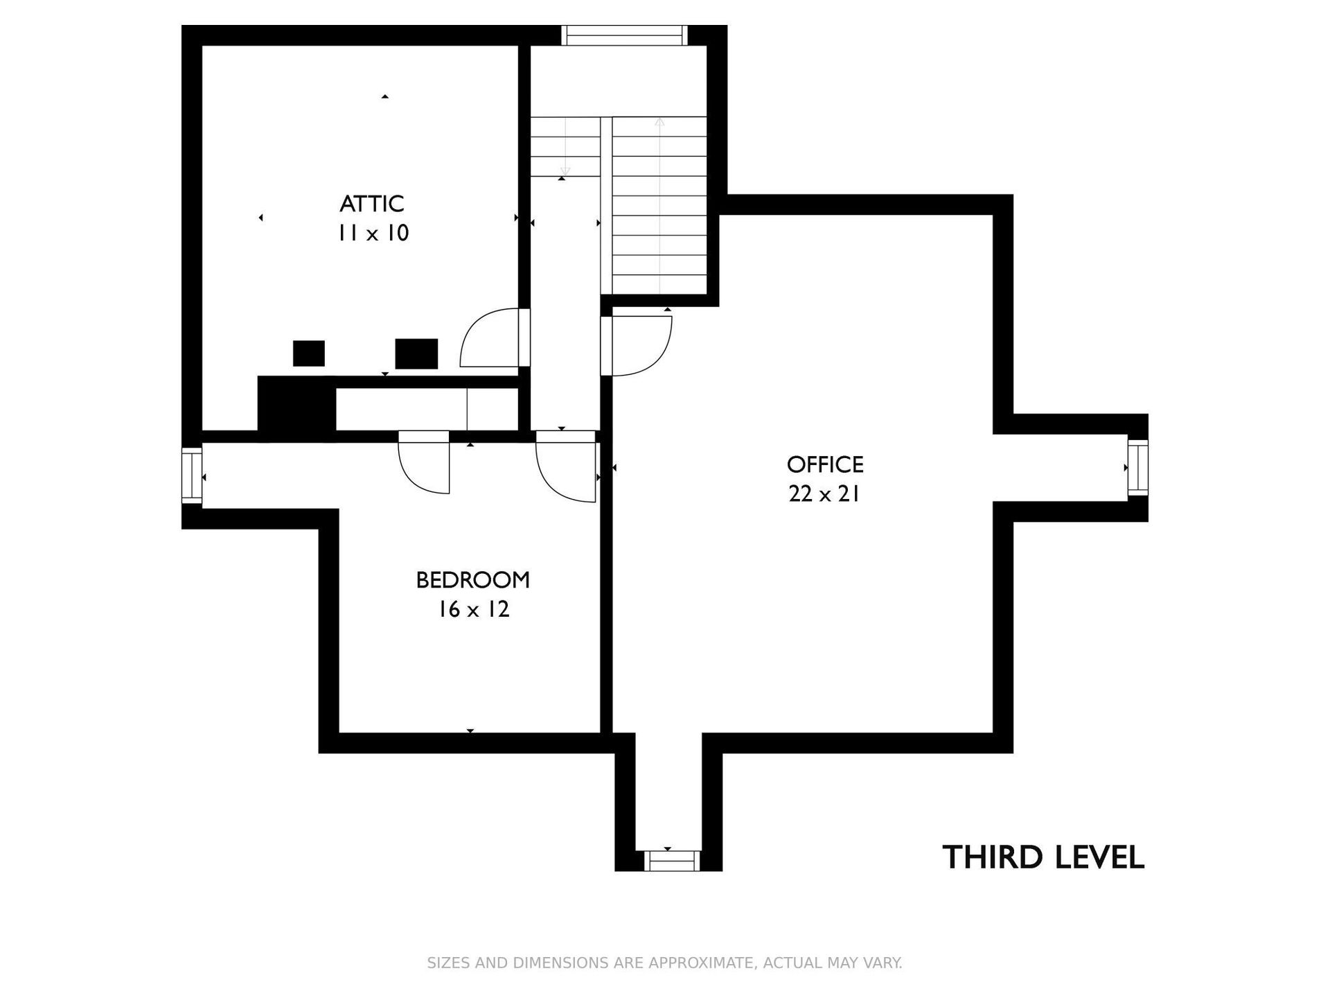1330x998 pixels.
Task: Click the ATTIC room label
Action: (372, 204)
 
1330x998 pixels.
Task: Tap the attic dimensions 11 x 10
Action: (373, 233)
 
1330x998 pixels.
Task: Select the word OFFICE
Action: (825, 464)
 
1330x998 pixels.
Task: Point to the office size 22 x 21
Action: (824, 493)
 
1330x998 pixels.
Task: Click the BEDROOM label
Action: (473, 580)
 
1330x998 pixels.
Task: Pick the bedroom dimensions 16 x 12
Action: (474, 609)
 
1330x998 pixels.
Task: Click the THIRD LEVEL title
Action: (1043, 857)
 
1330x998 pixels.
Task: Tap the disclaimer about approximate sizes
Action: (665, 963)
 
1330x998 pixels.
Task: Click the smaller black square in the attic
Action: (309, 353)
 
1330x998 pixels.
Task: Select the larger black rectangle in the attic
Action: (416, 354)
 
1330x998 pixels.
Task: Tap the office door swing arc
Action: (662, 360)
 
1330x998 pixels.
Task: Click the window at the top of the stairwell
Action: (624, 35)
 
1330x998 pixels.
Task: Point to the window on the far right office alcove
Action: (1138, 468)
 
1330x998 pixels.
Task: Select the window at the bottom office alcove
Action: (672, 861)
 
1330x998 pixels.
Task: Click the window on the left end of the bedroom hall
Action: (192, 475)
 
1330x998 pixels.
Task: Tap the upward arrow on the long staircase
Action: (659, 206)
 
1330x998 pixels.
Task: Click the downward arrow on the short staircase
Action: (565, 146)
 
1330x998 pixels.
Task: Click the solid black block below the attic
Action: (296, 408)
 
